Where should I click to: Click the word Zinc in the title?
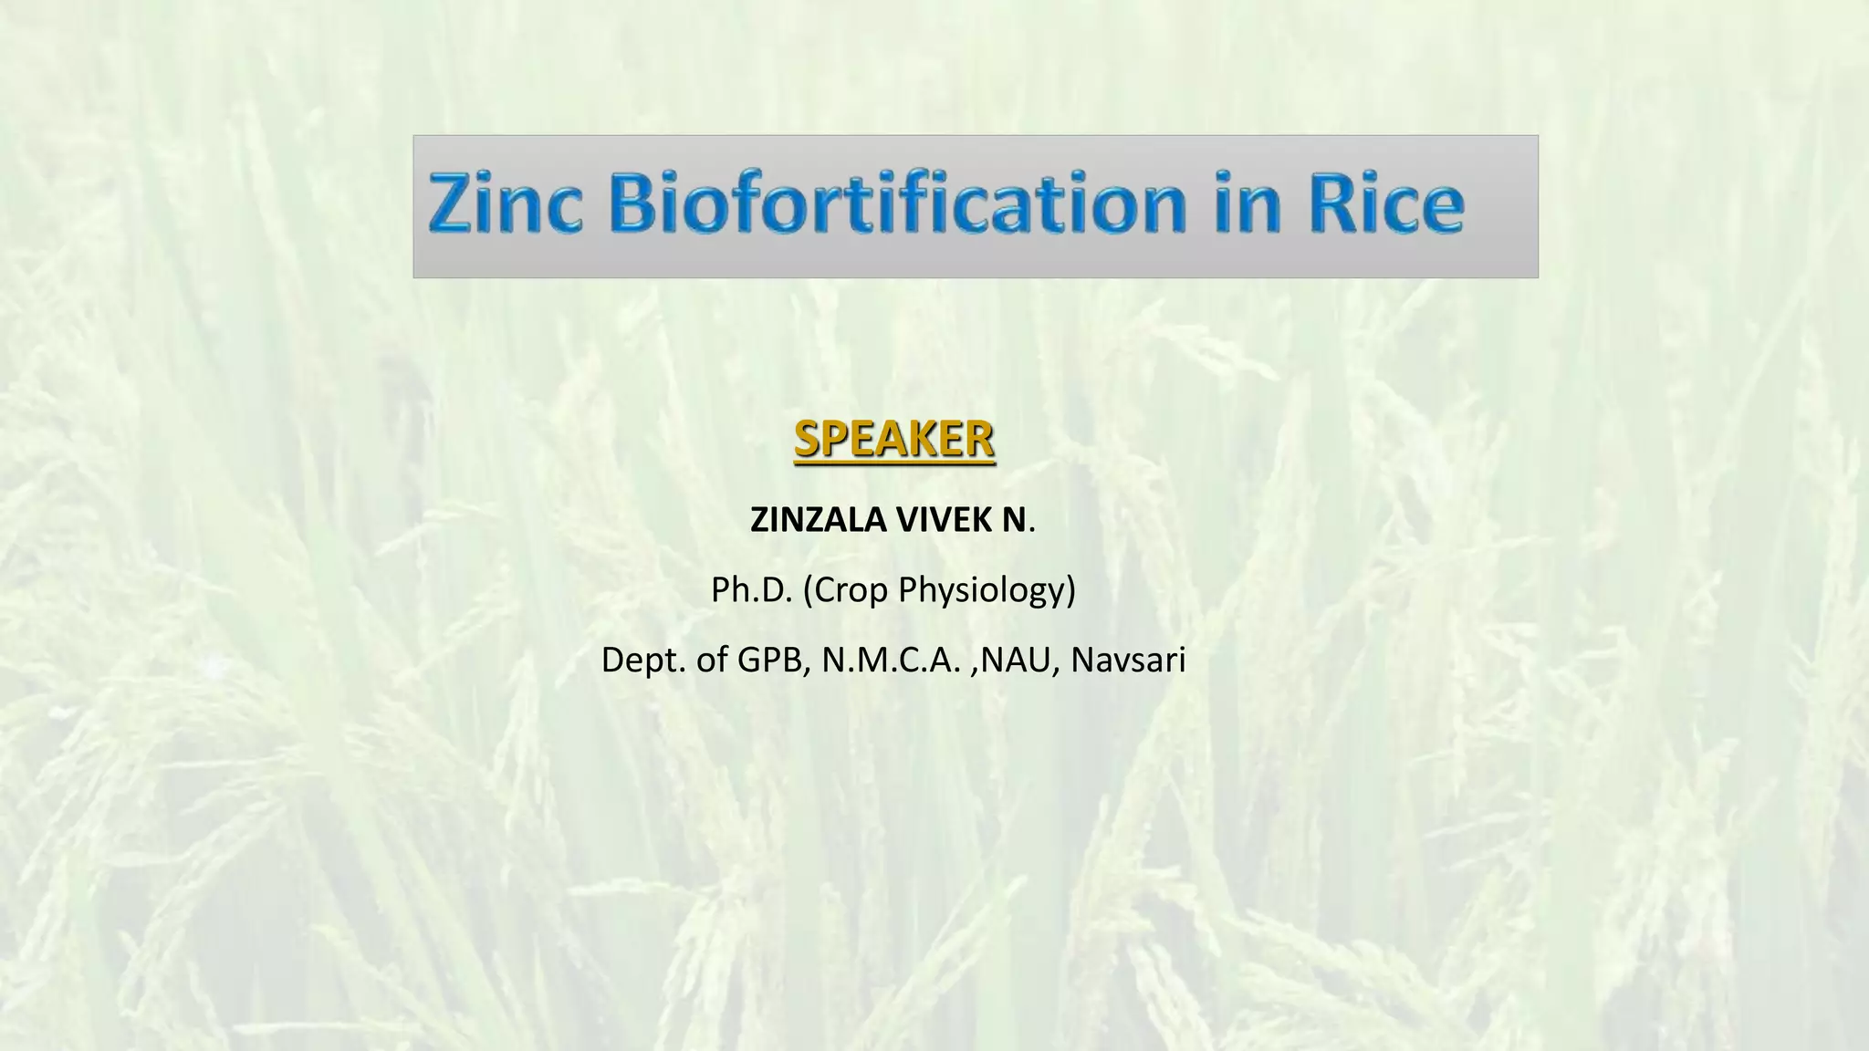pos(505,203)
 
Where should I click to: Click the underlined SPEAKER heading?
pos(893,440)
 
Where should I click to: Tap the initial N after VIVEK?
pos(1015,520)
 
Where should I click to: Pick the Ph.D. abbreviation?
pos(751,590)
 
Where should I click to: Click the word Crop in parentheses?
pos(852,590)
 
